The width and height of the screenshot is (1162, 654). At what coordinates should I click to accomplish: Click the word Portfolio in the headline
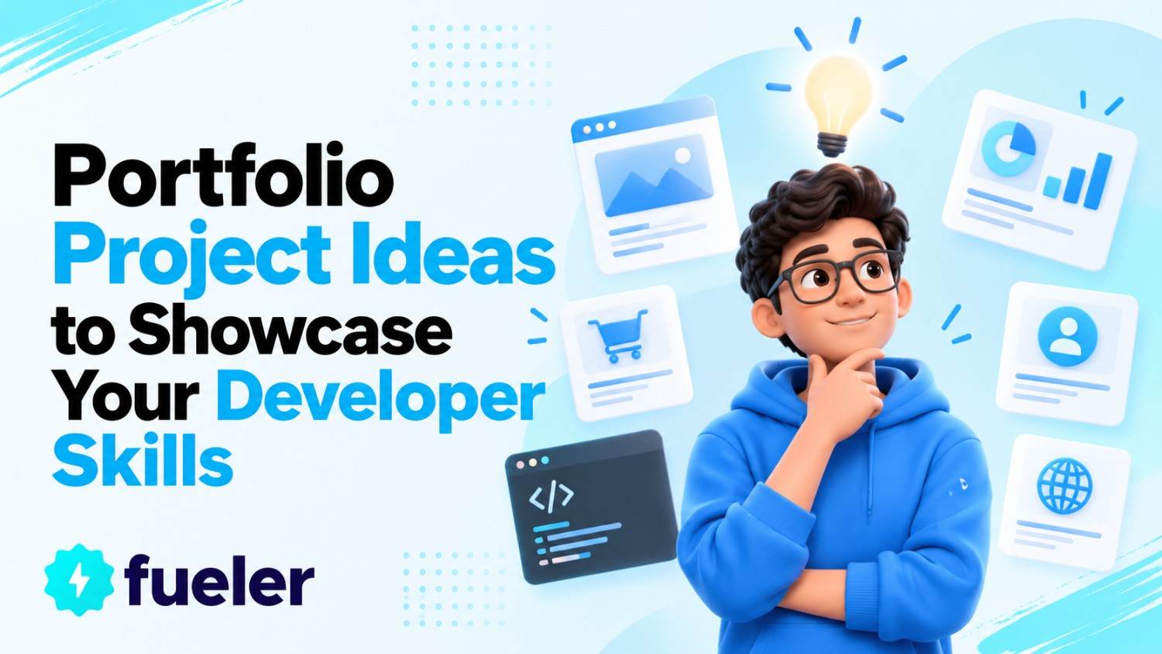[223, 175]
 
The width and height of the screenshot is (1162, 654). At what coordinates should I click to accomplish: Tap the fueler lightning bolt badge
[79, 580]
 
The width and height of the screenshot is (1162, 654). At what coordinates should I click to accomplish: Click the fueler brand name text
[219, 580]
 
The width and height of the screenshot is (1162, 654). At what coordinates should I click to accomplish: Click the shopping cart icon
[617, 336]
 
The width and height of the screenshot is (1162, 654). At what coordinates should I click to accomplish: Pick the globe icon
[1065, 485]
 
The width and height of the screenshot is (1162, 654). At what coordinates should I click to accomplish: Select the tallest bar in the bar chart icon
[1098, 181]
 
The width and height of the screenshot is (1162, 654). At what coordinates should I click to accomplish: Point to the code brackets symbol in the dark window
[552, 496]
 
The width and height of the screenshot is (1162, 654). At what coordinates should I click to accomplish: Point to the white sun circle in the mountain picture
[682, 155]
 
